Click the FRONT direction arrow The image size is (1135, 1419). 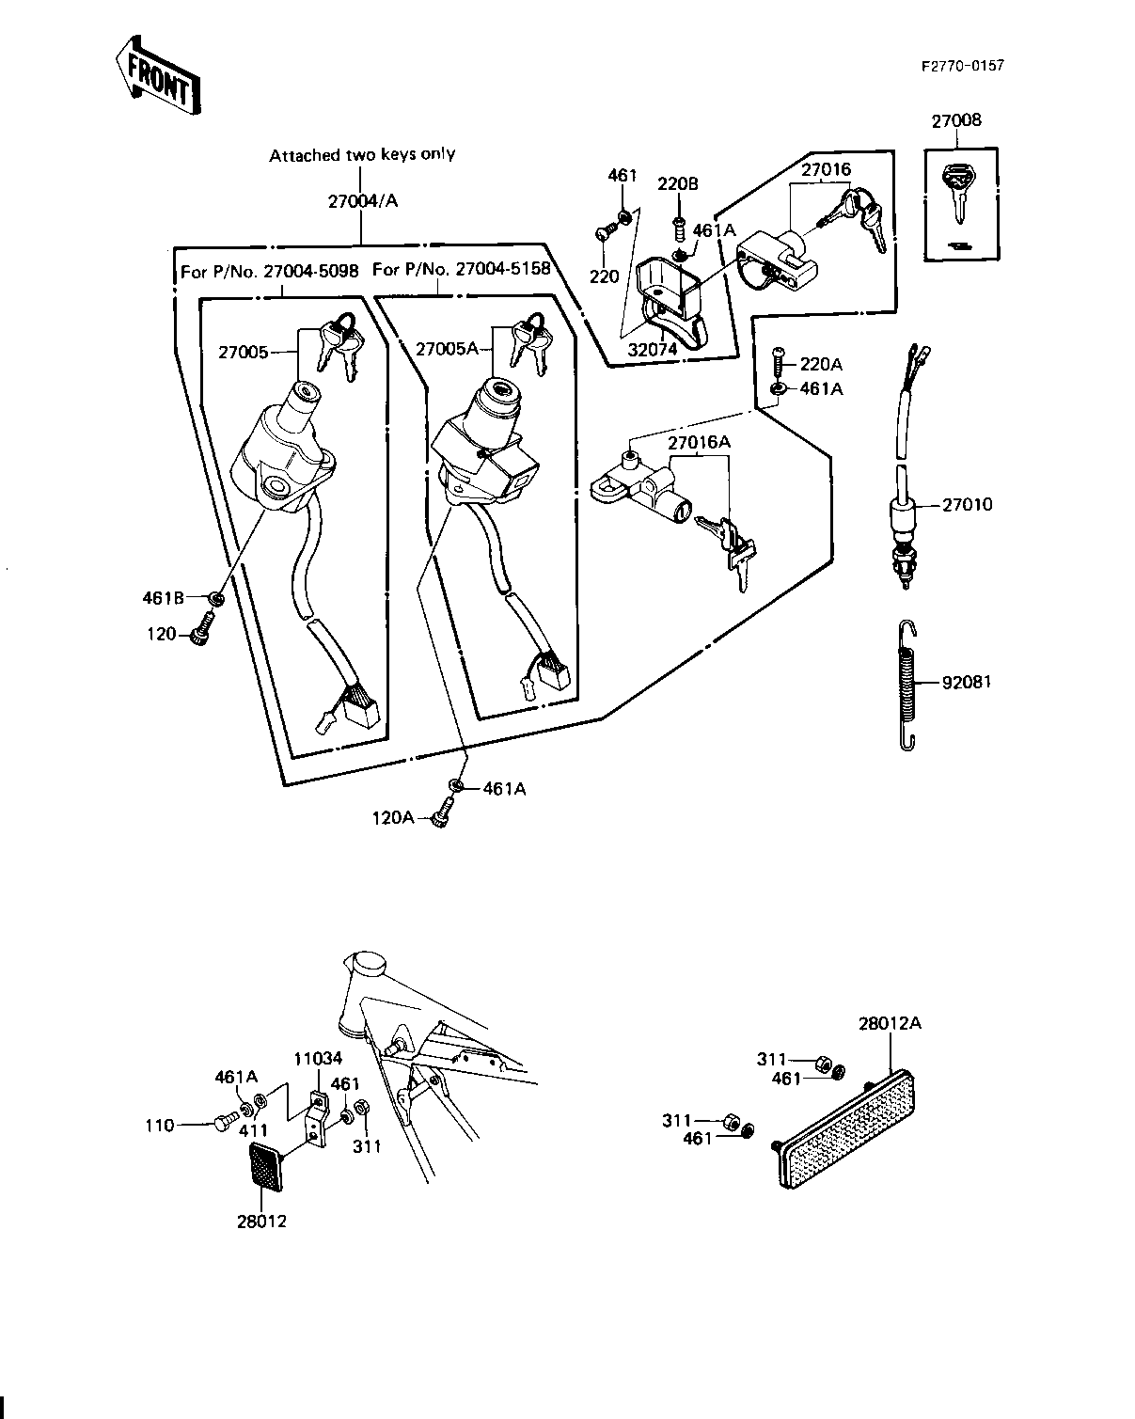pos(158,75)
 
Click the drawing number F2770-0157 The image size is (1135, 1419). pos(963,66)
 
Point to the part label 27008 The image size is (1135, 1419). pos(956,120)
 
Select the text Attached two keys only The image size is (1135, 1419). pos(362,155)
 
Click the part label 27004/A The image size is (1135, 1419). pos(363,201)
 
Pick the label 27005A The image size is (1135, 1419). pos(447,349)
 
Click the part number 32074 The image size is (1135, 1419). pos(653,350)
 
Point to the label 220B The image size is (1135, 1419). pos(677,183)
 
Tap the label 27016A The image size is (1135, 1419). pos(699,443)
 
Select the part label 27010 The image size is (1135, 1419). pos(967,504)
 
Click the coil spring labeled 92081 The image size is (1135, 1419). pos(907,685)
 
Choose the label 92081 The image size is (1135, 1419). pos(967,682)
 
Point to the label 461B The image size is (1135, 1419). pos(164,598)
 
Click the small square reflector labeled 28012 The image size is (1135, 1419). pos(267,1166)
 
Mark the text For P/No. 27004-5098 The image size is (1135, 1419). pos(270,272)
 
